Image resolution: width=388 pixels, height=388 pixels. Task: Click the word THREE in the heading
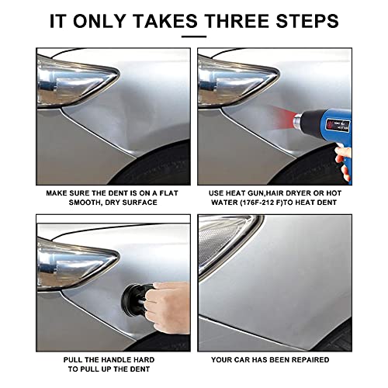coord(237,21)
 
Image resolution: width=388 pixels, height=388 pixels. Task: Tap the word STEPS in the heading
coord(307,21)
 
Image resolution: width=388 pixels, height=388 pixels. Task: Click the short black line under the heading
coord(194,36)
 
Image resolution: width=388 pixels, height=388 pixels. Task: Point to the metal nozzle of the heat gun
coord(297,120)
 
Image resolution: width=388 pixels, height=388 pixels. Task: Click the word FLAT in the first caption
coord(168,193)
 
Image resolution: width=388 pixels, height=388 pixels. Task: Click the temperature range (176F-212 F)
coord(261,203)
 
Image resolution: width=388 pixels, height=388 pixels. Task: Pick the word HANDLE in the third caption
coord(115,360)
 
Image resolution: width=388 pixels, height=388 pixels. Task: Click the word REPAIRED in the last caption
coord(310,360)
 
